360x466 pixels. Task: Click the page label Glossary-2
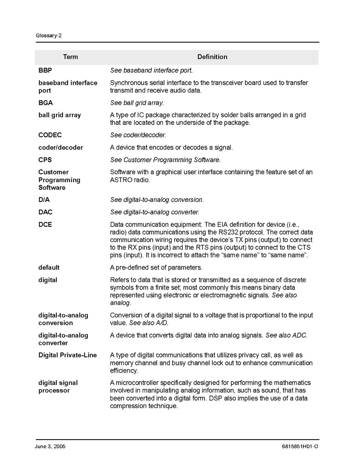point(49,35)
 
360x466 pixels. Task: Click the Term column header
point(70,57)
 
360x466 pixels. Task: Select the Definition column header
point(212,57)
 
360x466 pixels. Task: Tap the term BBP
point(45,70)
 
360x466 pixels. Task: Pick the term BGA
point(45,103)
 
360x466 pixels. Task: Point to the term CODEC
point(50,135)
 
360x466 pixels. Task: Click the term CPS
point(45,160)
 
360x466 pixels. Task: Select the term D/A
point(44,200)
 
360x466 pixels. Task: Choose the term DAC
point(45,212)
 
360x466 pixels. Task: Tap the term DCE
point(45,224)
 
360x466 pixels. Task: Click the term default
point(49,268)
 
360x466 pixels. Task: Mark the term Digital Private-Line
point(68,355)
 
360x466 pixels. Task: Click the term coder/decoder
point(61,147)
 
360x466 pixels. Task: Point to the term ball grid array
point(59,115)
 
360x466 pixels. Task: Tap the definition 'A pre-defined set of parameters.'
point(156,268)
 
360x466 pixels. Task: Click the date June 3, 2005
point(50,447)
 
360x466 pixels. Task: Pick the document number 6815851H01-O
point(300,447)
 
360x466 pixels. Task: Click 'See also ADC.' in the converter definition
point(287,335)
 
